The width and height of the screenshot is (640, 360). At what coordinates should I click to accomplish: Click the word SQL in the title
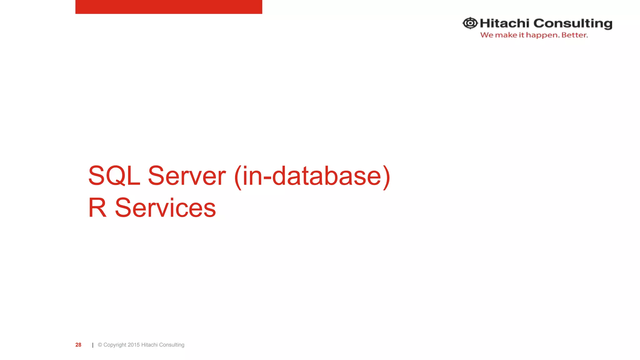tap(114, 176)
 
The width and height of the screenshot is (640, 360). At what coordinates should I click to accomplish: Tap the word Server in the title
tap(187, 176)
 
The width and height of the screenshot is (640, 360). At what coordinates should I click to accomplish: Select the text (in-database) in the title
tap(312, 177)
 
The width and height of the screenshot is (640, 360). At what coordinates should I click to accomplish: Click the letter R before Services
tap(97, 208)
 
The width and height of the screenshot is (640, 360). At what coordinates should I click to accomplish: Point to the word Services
tap(165, 208)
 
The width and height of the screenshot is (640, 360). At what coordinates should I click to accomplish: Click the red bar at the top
tap(169, 7)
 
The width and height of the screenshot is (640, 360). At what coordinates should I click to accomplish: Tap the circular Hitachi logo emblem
tap(470, 23)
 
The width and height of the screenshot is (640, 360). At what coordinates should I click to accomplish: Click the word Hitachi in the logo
tap(504, 23)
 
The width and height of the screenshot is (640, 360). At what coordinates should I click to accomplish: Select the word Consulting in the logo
tap(573, 24)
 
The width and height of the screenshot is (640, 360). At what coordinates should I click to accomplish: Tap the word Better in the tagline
tap(574, 35)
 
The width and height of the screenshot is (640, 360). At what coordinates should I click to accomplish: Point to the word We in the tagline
tap(487, 35)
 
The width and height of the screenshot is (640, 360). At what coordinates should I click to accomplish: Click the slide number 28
tap(78, 345)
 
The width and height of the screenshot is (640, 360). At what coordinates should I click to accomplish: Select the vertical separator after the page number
tap(93, 345)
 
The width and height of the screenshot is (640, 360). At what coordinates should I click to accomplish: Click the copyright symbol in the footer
tap(100, 345)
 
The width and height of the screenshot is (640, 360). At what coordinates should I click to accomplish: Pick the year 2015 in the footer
tap(134, 345)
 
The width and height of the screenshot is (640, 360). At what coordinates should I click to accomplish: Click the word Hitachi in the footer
tap(149, 345)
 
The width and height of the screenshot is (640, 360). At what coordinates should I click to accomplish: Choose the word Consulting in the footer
tap(172, 345)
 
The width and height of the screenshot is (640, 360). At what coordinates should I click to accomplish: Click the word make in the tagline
tap(506, 35)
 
